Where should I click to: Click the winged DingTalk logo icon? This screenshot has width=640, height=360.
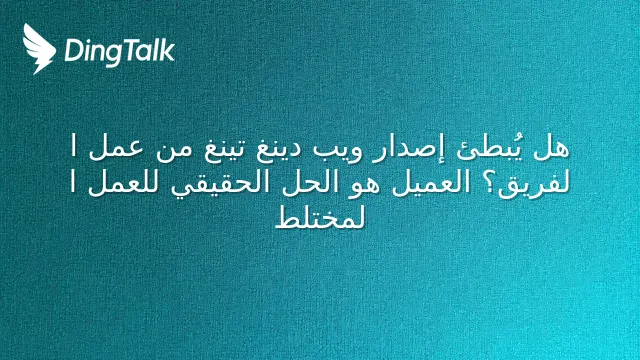[x=39, y=49]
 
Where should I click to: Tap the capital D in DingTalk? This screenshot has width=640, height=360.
[x=73, y=51]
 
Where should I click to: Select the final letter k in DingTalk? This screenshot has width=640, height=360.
[x=167, y=50]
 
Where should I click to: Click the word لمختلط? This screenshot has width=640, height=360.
[x=320, y=217]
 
